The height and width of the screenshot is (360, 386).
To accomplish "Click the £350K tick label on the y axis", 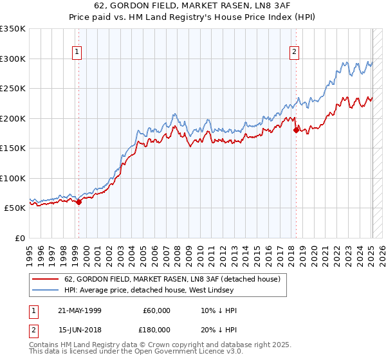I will coord(13,29).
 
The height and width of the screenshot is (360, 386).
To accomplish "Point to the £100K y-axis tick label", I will coord(13,178).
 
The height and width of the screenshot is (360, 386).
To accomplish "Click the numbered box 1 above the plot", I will coord(77,53).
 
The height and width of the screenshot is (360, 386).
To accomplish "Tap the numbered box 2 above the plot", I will coord(294,53).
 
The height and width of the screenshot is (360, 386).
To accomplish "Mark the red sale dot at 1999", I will coord(79,202).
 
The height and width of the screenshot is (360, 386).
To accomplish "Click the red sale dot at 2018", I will coord(296,130).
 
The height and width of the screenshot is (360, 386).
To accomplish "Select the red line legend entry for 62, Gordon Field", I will coord(172,280).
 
